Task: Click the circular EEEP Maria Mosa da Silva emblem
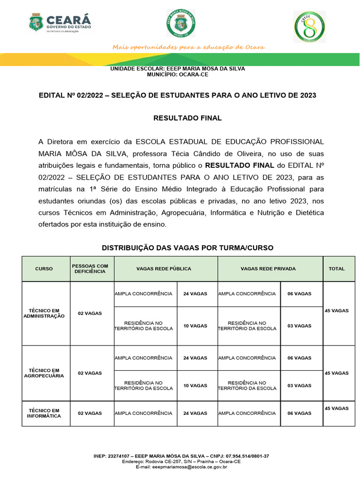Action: (180, 23)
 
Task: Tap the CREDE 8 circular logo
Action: (310, 27)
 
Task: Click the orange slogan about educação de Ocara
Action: (188, 47)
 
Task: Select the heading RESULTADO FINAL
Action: (187, 118)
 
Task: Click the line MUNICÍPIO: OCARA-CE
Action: (177, 74)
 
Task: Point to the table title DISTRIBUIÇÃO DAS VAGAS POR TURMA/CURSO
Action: (187, 247)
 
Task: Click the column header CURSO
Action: (44, 269)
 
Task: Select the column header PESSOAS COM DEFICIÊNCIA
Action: (90, 269)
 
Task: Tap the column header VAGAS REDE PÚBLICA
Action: (164, 269)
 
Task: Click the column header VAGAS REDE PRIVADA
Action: (268, 269)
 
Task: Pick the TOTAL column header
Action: (337, 269)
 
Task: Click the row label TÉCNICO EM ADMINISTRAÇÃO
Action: (44, 313)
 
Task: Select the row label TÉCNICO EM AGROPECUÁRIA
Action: (44, 373)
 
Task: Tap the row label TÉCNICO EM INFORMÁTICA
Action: (44, 413)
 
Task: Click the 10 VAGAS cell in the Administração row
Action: (195, 326)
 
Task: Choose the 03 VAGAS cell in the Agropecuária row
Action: (300, 385)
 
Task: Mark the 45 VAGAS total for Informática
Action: (337, 408)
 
